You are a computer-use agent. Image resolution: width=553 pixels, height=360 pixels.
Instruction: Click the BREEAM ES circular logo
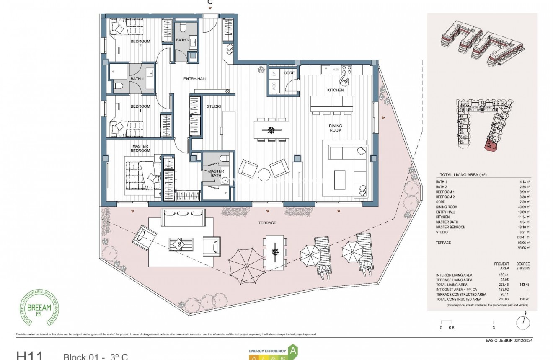pyautogui.click(x=40, y=309)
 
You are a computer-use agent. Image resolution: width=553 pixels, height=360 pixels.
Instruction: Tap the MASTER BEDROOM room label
pyautogui.click(x=140, y=148)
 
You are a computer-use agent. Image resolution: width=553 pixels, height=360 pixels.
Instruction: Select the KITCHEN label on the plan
pyautogui.click(x=335, y=90)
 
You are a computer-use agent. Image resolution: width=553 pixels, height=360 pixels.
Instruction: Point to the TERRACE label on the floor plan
pyautogui.click(x=267, y=223)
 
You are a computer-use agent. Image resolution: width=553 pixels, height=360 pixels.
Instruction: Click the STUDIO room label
pyautogui.click(x=214, y=106)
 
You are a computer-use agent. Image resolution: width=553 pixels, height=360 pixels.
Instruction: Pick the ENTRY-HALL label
pyautogui.click(x=195, y=79)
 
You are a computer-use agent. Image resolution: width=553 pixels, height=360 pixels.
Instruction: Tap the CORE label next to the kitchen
pyautogui.click(x=289, y=73)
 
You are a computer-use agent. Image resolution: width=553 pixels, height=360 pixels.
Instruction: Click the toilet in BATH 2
pyautogui.click(x=183, y=27)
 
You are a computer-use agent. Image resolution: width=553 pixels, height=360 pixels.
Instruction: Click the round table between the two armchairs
pyautogui.click(x=265, y=174)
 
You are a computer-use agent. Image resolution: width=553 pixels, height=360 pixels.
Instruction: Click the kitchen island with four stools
pyautogui.click(x=331, y=104)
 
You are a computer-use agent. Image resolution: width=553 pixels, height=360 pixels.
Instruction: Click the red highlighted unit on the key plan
pyautogui.click(x=491, y=145)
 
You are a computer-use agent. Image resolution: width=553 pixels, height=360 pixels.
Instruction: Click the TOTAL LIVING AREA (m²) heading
pyautogui.click(x=463, y=175)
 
